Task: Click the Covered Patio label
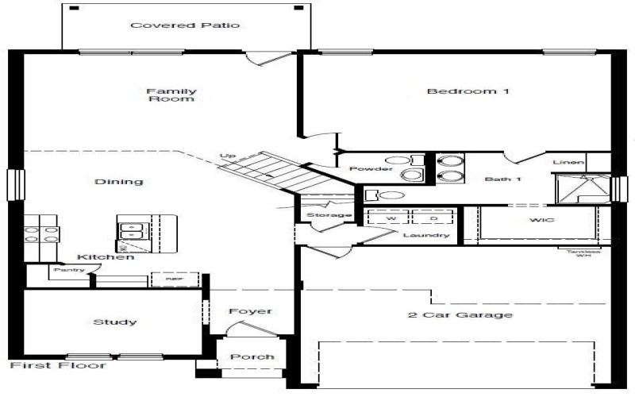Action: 185,25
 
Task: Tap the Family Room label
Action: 171,94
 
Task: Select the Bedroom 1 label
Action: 468,91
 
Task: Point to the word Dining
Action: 119,181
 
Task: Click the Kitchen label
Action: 105,256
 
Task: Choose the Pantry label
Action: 64,270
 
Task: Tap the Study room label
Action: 115,322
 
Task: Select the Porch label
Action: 252,357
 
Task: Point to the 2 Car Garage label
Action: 460,314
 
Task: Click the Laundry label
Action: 426,235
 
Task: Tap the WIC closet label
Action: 543,219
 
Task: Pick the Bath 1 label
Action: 503,179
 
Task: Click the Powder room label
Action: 371,169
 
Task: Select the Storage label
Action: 329,215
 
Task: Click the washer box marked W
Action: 391,217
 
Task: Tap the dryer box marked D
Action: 434,217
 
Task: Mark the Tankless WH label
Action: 583,252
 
